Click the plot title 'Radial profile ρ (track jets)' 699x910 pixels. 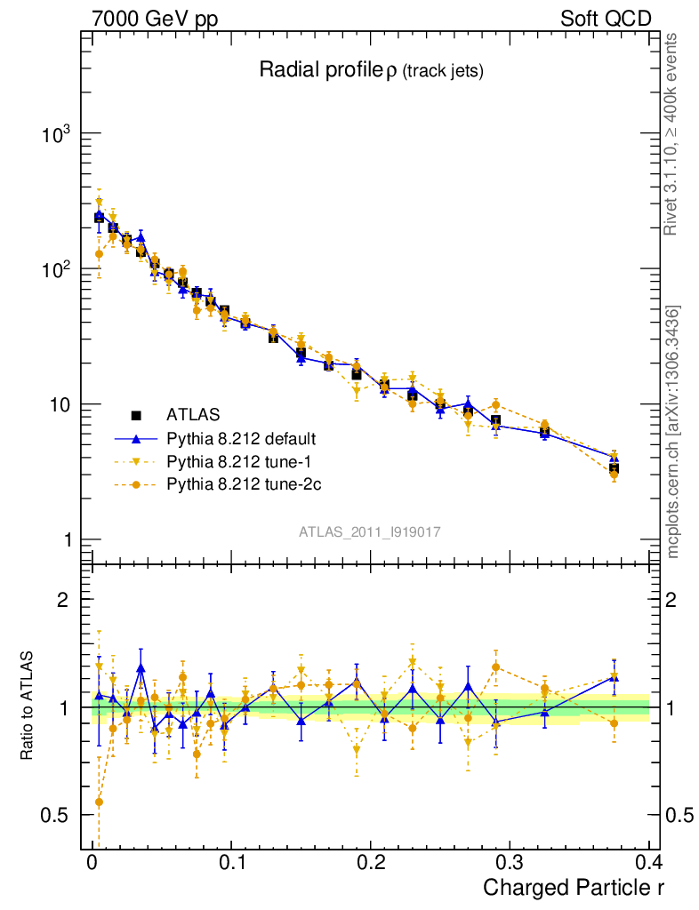point(371,71)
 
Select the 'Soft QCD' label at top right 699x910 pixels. point(606,19)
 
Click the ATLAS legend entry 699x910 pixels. point(192,414)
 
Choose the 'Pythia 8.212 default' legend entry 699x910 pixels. point(240,438)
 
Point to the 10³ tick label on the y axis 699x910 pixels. point(55,134)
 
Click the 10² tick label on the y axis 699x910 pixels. point(55,269)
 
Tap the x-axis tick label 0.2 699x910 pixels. point(370,863)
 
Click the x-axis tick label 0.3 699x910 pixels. point(510,863)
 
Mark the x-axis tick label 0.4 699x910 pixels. point(648,863)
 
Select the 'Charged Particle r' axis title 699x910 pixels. point(573,887)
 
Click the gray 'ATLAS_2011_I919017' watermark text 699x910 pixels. point(370,531)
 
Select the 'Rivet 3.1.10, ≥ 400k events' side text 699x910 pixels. point(672,133)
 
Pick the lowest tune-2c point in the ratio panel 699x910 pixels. point(99,802)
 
